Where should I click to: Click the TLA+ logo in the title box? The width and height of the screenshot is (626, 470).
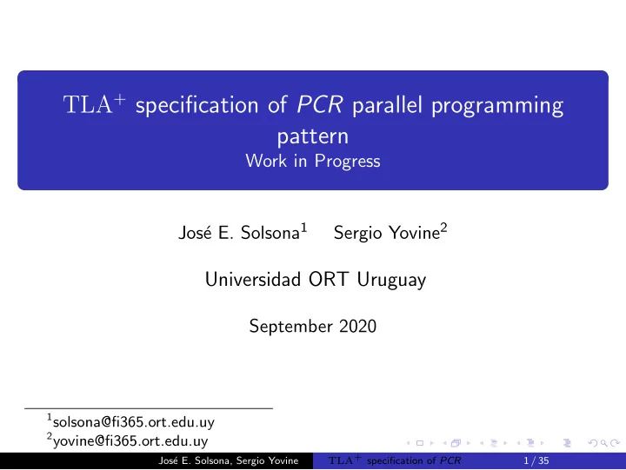(94, 103)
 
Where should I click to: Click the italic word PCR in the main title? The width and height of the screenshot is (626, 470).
(319, 105)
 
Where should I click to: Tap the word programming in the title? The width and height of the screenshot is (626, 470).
(497, 107)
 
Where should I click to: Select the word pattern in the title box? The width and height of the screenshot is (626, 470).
(313, 137)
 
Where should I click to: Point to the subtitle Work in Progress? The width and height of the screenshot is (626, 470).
(313, 162)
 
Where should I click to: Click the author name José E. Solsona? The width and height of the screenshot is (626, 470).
(239, 233)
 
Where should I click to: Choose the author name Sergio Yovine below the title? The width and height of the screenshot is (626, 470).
(386, 233)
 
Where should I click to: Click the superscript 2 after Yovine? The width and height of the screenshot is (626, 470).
(443, 228)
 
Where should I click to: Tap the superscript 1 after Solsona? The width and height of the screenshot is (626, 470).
(303, 228)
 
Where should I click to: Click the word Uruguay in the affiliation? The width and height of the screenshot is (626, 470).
(391, 280)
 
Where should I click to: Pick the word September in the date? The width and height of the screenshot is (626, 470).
(290, 327)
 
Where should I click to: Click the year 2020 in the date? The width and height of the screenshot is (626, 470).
(357, 327)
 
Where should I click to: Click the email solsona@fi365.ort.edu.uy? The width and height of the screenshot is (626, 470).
(133, 422)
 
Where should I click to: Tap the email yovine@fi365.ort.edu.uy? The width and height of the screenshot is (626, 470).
(130, 440)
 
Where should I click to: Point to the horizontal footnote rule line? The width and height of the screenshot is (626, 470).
(149, 408)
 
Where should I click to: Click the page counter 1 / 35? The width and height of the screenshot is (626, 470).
(536, 460)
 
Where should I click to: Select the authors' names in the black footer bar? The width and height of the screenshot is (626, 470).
(229, 460)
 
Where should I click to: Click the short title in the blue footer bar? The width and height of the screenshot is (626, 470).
(395, 460)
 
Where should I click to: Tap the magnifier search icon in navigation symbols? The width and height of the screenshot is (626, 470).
(604, 443)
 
